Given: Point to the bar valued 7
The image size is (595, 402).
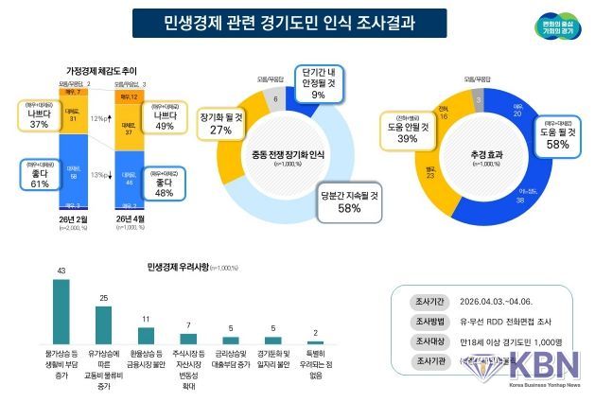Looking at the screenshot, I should tap(189, 338).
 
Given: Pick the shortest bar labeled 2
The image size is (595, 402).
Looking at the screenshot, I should tap(315, 341).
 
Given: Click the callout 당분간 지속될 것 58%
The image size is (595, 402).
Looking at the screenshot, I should tap(349, 201).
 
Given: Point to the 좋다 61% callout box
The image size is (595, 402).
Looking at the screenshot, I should tap(39, 177).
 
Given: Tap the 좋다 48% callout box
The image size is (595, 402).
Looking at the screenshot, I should tap(165, 185).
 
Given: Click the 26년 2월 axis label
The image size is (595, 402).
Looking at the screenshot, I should tap(73, 219).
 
